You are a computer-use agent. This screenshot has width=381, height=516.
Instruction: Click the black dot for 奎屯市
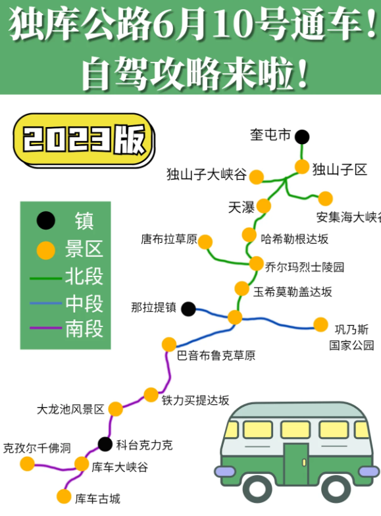(302, 137)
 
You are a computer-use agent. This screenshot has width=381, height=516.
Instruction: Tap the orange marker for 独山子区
(301, 167)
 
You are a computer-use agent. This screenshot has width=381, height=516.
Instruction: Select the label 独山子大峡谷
(207, 174)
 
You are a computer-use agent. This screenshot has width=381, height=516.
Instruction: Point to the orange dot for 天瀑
(263, 206)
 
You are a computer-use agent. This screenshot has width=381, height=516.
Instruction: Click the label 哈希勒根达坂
(295, 239)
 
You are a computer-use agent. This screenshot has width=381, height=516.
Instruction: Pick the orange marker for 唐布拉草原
(205, 242)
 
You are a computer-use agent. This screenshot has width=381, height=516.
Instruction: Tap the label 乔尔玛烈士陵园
(305, 267)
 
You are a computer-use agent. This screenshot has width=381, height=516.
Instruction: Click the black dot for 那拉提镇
(188, 309)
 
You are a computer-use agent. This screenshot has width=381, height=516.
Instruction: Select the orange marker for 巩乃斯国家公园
(321, 324)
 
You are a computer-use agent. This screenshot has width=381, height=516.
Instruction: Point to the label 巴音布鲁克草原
(216, 355)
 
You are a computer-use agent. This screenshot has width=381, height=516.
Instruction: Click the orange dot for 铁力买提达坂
(151, 395)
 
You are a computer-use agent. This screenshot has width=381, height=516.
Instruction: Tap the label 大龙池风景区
(70, 409)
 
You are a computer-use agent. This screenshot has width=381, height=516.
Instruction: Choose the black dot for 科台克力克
(105, 444)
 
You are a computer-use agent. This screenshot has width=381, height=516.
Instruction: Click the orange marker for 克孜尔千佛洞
(28, 464)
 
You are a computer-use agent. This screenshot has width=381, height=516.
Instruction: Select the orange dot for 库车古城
(64, 496)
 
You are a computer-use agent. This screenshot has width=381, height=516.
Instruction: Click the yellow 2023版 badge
(84, 140)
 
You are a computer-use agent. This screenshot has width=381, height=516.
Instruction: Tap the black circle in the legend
(46, 220)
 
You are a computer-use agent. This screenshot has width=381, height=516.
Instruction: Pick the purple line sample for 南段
(46, 328)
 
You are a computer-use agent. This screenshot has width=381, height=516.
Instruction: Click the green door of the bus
(296, 465)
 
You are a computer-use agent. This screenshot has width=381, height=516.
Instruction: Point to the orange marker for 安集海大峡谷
(325, 199)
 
